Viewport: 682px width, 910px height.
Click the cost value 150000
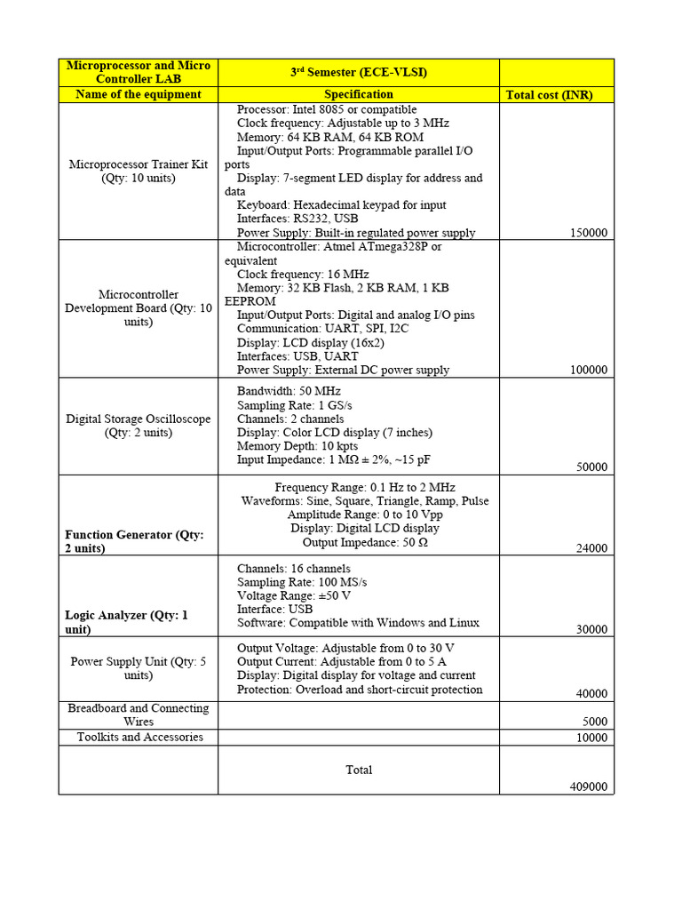coord(588,233)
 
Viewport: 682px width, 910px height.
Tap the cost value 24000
coord(591,548)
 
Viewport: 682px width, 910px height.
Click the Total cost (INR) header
coord(549,95)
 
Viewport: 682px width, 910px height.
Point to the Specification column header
coord(359,94)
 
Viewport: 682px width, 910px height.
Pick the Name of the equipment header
coord(139,94)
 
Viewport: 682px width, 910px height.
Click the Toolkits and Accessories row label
coord(139,737)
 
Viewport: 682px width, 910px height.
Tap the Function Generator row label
coord(134,541)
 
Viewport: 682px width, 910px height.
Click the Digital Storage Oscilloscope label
coord(139,426)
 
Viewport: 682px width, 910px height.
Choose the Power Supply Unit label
coord(139,668)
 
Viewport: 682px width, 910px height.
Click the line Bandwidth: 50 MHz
coord(289,391)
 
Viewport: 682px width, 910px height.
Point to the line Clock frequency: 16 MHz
coord(303,275)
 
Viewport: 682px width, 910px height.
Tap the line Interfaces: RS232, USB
coord(297,219)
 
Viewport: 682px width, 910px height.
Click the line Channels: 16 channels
coord(293,569)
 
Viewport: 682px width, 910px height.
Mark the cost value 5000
coord(594,722)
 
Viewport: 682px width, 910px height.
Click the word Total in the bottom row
coord(359,770)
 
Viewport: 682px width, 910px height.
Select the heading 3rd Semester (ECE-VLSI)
coord(359,72)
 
